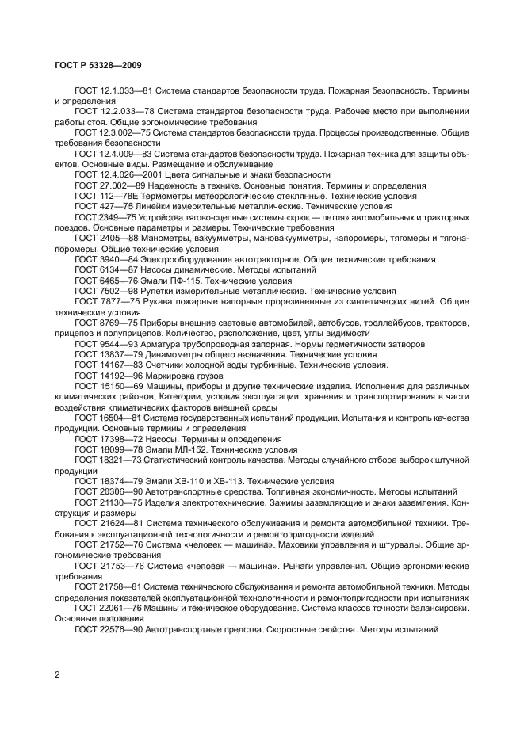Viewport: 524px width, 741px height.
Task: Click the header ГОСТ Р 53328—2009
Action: coord(98,65)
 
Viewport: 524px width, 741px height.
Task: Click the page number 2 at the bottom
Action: coord(58,674)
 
